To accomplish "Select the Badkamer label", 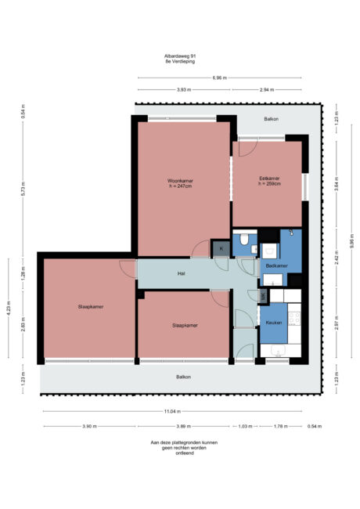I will [276, 266].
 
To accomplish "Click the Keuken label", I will [273, 322].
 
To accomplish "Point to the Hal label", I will [181, 274].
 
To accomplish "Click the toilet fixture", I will [244, 239].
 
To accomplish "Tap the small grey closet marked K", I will [221, 249].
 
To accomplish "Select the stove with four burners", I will [296, 317].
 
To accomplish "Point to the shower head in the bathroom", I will [291, 233].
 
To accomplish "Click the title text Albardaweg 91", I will [180, 56].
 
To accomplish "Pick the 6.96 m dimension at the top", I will [220, 78].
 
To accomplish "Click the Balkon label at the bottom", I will [182, 377].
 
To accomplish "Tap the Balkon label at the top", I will [271, 119].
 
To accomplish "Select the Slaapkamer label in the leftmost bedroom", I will [91, 306].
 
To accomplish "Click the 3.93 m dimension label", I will [183, 90].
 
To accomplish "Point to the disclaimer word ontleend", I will [180, 453].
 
